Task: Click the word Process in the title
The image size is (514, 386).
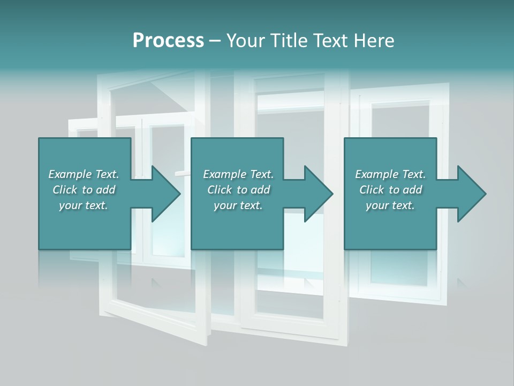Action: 168,41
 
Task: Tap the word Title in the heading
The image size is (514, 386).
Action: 289,41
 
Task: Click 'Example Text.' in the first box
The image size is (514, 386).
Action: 84,174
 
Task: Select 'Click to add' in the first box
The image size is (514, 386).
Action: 84,190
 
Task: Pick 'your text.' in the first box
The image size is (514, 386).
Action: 84,205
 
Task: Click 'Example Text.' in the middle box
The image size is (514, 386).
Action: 238,174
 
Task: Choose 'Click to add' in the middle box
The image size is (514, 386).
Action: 239,190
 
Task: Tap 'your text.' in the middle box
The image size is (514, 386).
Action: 238,205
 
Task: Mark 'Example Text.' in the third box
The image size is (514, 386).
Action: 390,174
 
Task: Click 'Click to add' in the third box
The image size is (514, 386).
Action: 391,190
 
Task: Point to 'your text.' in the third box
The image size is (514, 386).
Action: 390,205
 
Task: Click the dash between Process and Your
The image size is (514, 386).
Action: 215,41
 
